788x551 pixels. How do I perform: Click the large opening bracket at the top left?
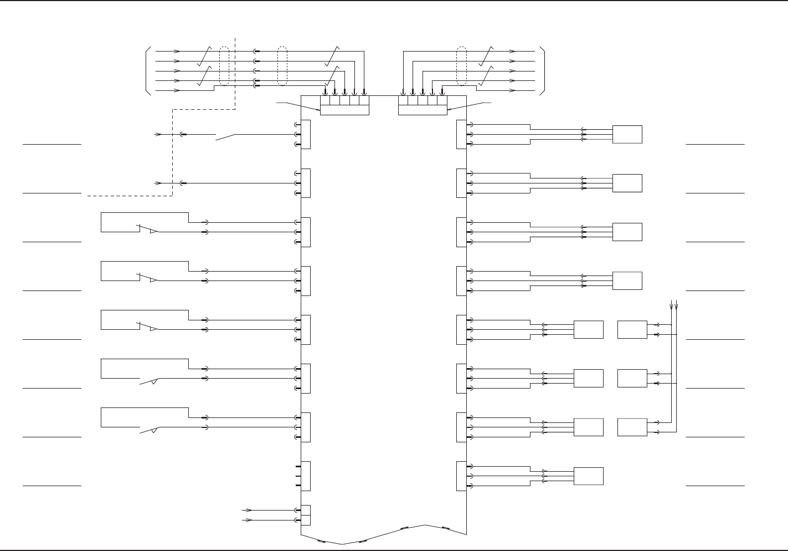click(x=147, y=71)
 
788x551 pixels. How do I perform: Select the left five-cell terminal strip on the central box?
click(x=344, y=105)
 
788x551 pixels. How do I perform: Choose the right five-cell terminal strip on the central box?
click(x=423, y=105)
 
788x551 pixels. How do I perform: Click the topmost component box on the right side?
click(x=627, y=134)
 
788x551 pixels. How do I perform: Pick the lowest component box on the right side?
click(x=588, y=476)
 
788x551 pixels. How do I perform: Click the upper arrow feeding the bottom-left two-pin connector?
click(x=248, y=509)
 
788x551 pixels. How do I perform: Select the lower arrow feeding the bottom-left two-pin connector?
click(x=248, y=520)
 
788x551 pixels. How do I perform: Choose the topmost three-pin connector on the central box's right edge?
click(x=461, y=134)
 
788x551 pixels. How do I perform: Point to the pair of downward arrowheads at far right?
click(x=674, y=304)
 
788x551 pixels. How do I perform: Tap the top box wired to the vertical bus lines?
click(x=632, y=329)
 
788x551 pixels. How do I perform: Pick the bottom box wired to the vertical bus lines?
click(x=632, y=427)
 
